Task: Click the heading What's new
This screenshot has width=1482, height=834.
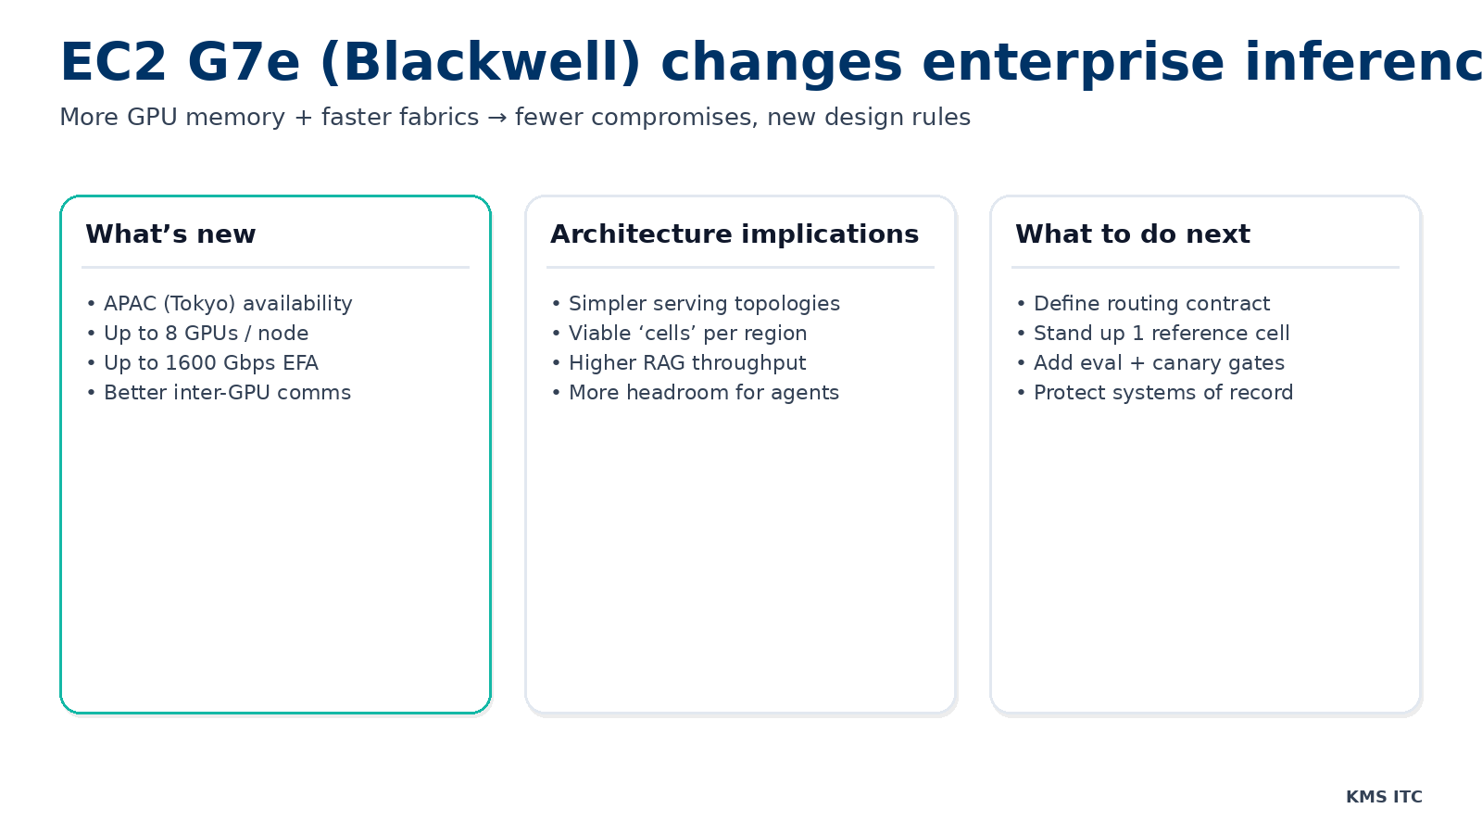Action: [x=170, y=234]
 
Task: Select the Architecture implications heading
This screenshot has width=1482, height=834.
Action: [x=735, y=234]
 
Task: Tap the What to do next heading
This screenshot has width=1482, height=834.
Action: [x=1132, y=234]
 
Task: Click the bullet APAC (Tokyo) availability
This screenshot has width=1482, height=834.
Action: [x=228, y=304]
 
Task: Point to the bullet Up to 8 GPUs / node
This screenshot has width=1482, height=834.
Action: [x=206, y=334]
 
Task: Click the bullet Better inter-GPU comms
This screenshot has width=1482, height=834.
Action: [x=227, y=393]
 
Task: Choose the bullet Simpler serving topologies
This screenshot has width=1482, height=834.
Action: [x=704, y=304]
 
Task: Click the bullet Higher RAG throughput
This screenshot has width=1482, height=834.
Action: [x=687, y=363]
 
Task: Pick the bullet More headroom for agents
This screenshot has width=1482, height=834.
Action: [x=704, y=393]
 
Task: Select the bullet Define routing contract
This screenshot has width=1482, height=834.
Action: [x=1151, y=304]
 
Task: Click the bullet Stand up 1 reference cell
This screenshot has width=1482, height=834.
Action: [x=1162, y=334]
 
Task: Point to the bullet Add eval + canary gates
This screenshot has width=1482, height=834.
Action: [x=1159, y=363]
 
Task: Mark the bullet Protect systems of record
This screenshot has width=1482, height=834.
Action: [x=1163, y=393]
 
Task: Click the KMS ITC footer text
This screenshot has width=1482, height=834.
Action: [x=1384, y=797]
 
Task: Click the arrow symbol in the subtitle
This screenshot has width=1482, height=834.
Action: [x=497, y=118]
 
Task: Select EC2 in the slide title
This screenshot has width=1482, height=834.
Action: [x=113, y=63]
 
